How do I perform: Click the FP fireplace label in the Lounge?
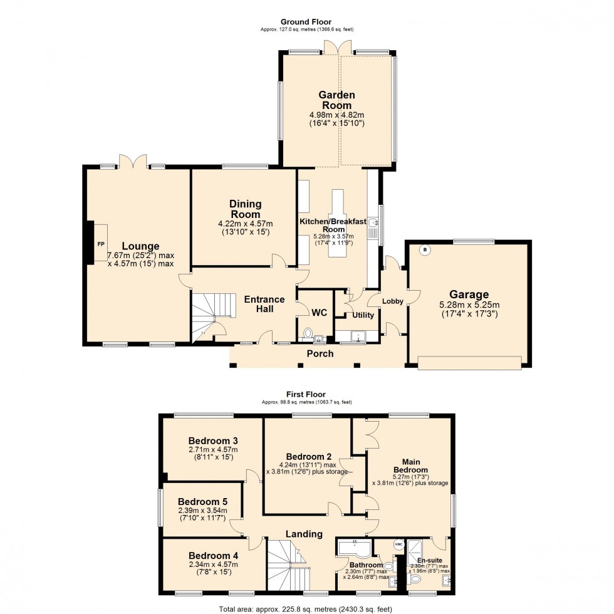tap(100, 243)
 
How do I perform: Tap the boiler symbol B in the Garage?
tap(424, 250)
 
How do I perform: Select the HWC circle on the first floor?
tap(398, 544)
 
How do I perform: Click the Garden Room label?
tap(337, 100)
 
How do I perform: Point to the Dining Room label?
tap(245, 209)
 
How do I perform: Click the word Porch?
tap(320, 353)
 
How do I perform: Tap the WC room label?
tap(320, 312)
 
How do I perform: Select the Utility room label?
tap(363, 315)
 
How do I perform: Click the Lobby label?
tap(393, 301)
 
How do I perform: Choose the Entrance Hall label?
tap(264, 304)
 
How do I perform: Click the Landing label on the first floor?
tap(304, 534)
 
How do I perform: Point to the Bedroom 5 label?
tap(202, 502)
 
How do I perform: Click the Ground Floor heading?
tap(306, 22)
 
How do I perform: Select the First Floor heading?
tap(306, 394)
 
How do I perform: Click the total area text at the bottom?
tap(306, 608)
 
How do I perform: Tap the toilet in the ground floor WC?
tap(307, 333)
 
